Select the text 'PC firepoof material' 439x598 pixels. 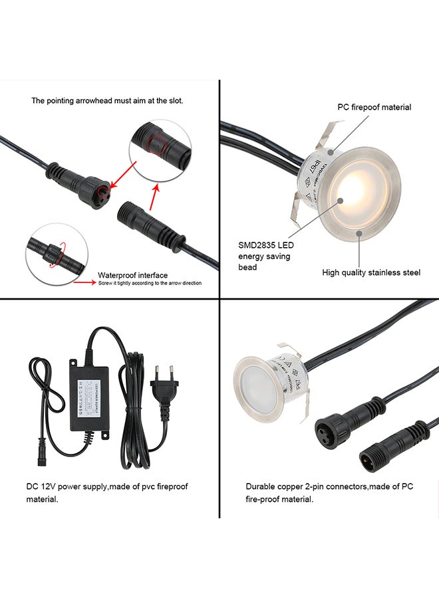pyautogui.click(x=374, y=107)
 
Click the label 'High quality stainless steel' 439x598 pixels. pyautogui.click(x=371, y=272)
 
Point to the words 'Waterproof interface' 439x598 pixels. pyautogui.click(x=132, y=274)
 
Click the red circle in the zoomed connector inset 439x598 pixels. pyautogui.click(x=158, y=142)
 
